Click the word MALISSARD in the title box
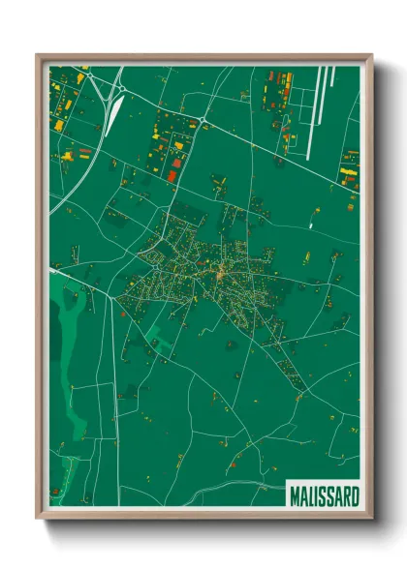(x=324, y=494)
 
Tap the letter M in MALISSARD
(x=294, y=494)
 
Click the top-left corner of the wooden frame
(x=38, y=56)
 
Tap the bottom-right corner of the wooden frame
(x=371, y=519)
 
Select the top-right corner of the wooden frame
(x=371, y=56)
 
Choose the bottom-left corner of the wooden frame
(x=38, y=519)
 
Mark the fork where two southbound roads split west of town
(x=112, y=290)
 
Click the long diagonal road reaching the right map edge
(x=291, y=155)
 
